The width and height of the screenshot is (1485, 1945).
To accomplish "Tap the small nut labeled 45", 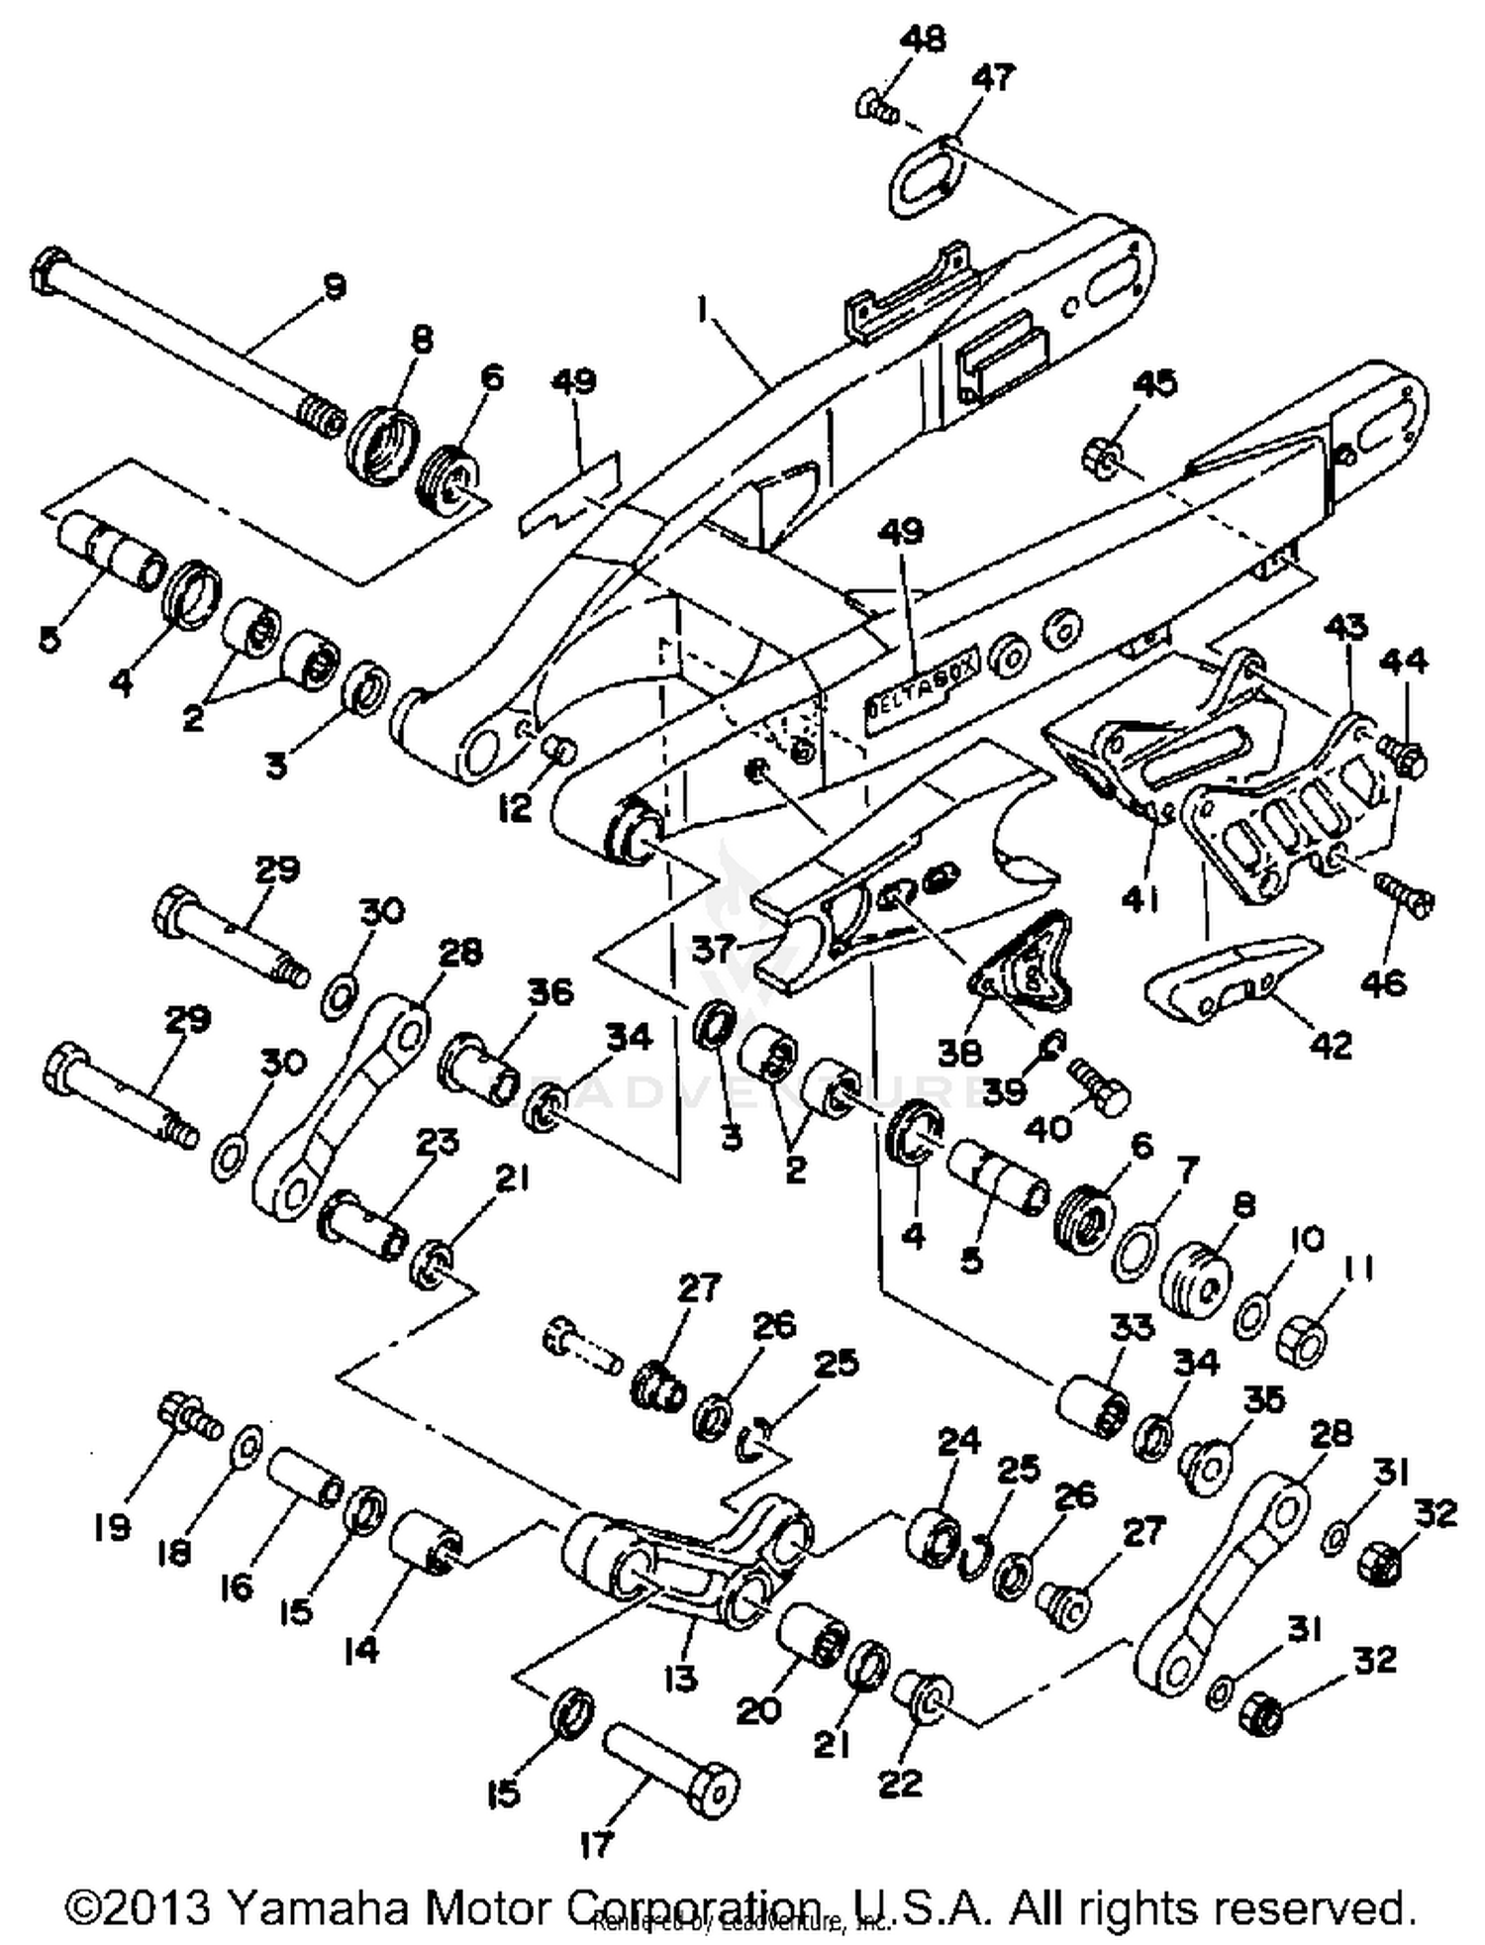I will (x=1100, y=455).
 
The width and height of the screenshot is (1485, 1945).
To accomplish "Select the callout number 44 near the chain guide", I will (x=1404, y=660).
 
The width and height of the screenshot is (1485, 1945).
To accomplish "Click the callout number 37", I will (x=714, y=949).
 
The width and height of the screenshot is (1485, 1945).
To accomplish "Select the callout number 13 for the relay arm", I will (x=681, y=1678).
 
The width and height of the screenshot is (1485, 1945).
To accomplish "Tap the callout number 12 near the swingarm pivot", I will (x=515, y=808).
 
